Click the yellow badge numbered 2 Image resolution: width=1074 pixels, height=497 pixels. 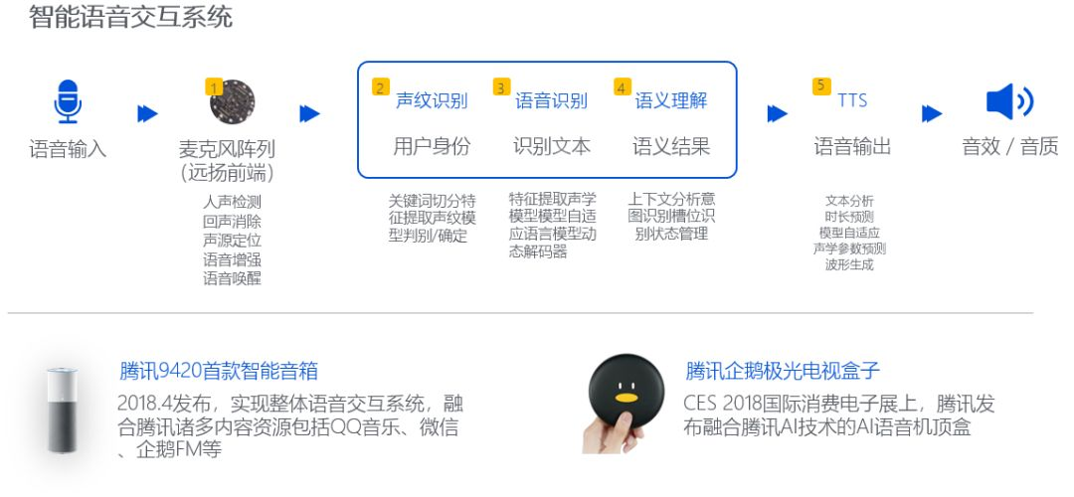(381, 87)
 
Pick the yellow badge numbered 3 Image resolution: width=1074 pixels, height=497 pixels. (501, 87)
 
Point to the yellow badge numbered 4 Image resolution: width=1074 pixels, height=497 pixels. (623, 87)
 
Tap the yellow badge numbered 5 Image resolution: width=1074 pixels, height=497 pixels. (821, 86)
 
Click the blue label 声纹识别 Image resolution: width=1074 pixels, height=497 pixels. (432, 101)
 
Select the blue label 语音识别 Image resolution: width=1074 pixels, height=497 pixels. (551, 101)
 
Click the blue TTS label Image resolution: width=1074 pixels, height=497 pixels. (852, 101)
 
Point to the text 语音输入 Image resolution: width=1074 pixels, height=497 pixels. (68, 150)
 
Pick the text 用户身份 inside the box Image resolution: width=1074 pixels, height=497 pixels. (432, 147)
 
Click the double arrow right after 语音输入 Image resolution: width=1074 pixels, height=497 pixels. (147, 114)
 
